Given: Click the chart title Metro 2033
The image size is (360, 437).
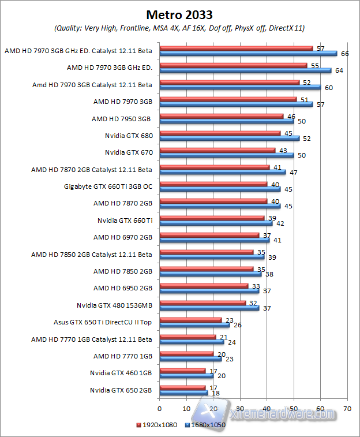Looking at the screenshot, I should pos(179,14).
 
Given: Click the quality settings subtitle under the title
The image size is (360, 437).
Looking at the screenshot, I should pos(179,28).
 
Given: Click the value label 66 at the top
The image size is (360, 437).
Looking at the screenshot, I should pos(345,54).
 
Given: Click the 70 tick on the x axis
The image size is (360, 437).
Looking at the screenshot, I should pos(347,408).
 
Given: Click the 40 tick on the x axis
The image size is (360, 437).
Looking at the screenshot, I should pos(267,408).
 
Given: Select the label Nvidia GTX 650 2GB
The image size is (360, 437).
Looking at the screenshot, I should pos(121,390).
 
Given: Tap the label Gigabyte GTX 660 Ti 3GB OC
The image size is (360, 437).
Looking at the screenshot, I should pos(108,186).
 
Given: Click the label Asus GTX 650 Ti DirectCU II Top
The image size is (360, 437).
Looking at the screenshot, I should pos(102,322).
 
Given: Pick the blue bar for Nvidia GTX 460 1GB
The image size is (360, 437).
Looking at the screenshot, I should pos(186,376).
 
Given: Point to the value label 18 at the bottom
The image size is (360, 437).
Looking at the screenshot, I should pos(216,393).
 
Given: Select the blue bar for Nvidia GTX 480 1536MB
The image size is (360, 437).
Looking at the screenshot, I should pos(208,308).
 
